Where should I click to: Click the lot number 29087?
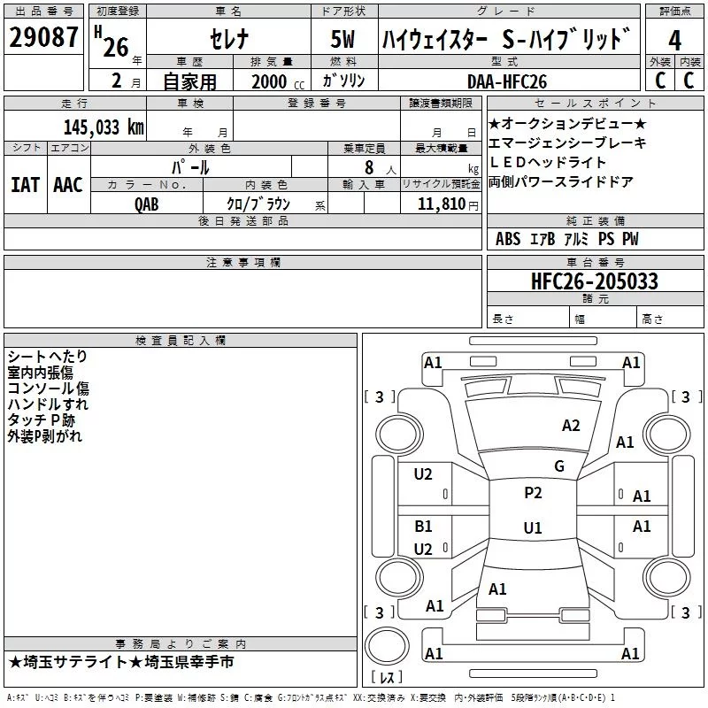point(43,37)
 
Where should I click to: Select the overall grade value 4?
point(674,41)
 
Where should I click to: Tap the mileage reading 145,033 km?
point(104,127)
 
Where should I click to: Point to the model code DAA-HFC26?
point(507,81)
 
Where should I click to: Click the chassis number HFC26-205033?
point(595,281)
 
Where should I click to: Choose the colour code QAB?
point(147,204)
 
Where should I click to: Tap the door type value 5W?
point(342,39)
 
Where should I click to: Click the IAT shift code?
point(26,185)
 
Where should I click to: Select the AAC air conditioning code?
point(68,185)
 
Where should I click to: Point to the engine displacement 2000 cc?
point(278,81)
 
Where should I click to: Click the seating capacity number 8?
point(369,167)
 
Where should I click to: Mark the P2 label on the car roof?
point(533,493)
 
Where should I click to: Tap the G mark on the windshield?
point(559,466)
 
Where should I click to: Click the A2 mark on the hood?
point(571,426)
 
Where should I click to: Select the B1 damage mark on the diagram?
point(423,527)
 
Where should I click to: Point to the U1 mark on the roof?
point(533,527)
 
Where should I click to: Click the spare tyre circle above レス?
point(387,645)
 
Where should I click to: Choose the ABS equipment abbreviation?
point(508,239)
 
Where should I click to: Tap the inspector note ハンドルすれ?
point(48,404)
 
